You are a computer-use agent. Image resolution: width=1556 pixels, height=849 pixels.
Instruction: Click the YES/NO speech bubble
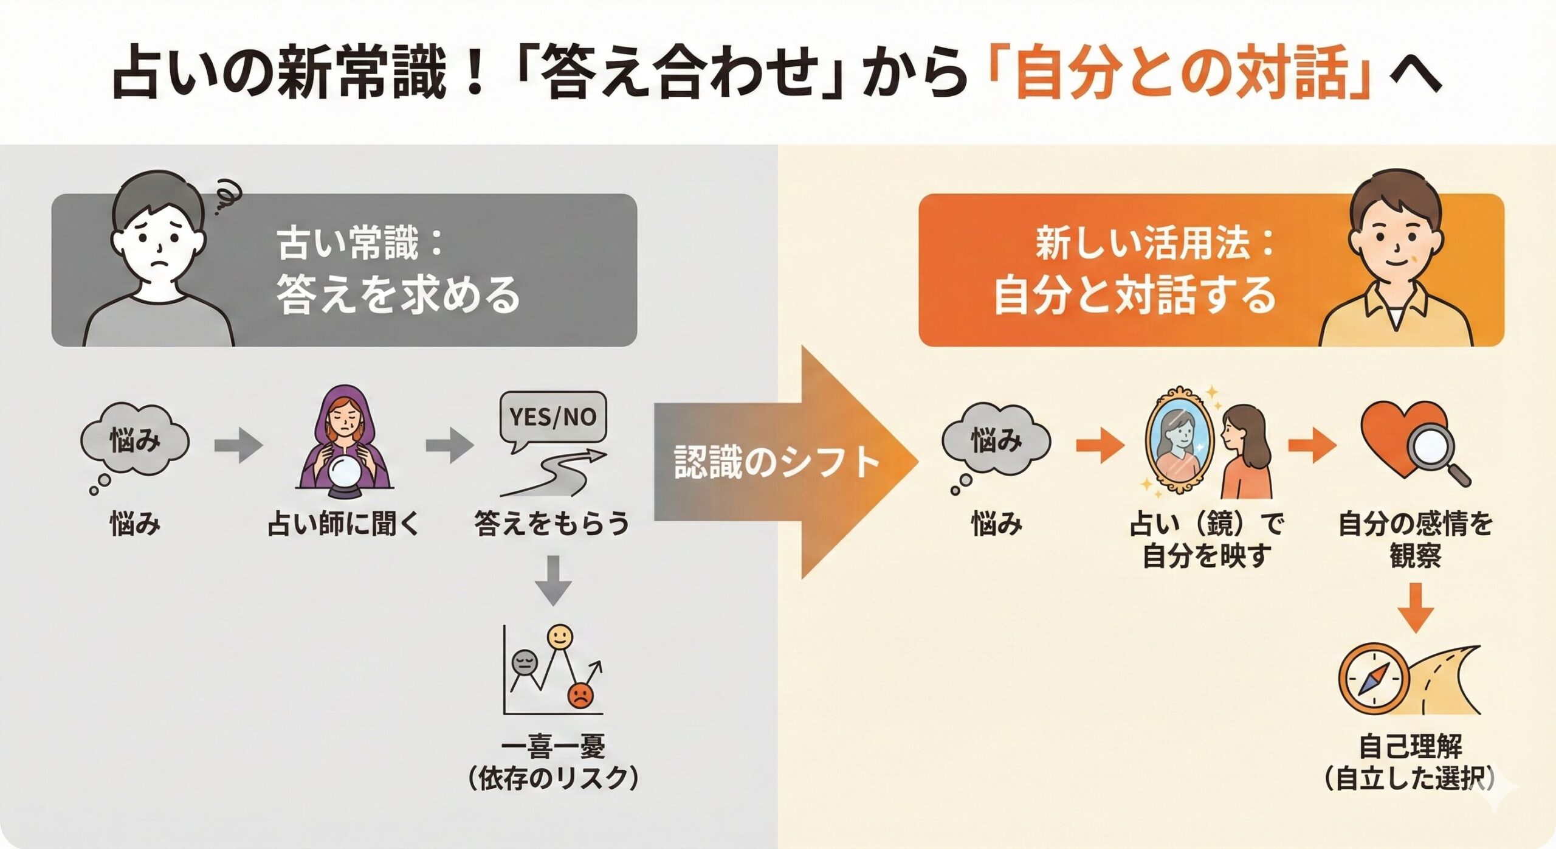(x=552, y=417)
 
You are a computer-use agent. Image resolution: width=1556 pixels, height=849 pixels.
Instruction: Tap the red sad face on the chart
(x=579, y=696)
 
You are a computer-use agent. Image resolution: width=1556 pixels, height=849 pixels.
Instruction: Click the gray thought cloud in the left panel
(x=135, y=441)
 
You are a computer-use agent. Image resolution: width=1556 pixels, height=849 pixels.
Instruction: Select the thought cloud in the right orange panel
(x=996, y=441)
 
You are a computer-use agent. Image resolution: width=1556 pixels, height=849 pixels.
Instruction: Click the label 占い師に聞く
(x=344, y=524)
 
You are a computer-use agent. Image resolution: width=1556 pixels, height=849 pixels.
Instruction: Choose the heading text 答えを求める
(x=398, y=294)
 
